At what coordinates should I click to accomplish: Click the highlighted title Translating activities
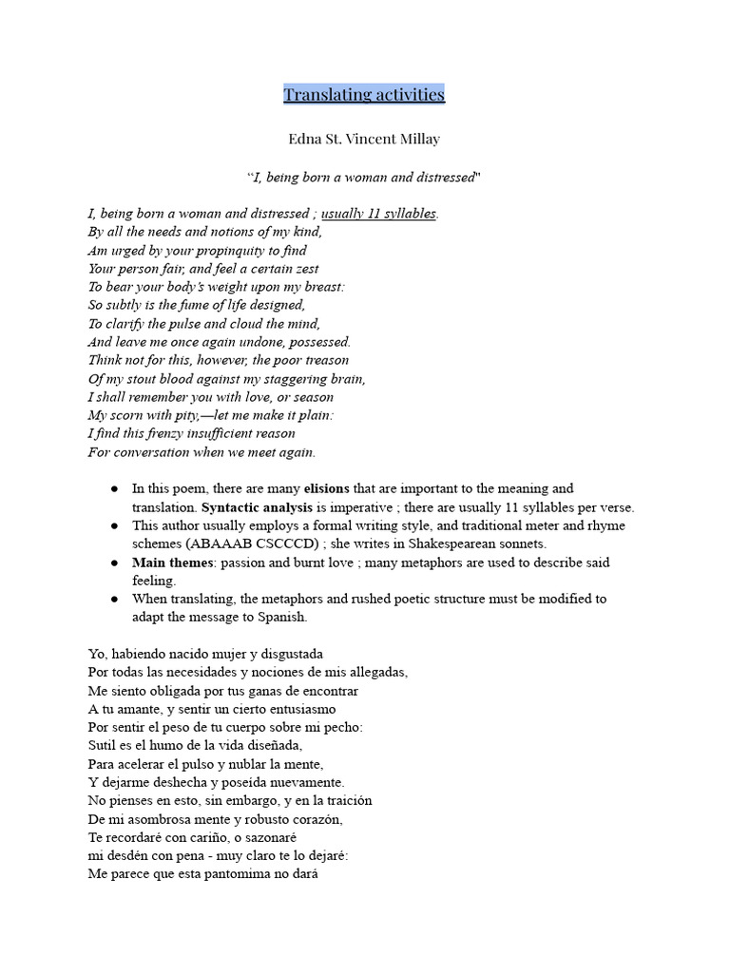pyautogui.click(x=364, y=94)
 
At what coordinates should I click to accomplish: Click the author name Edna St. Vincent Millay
pyautogui.click(x=364, y=139)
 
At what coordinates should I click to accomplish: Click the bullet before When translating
pyautogui.click(x=114, y=599)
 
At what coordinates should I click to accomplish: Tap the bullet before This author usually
pyautogui.click(x=114, y=525)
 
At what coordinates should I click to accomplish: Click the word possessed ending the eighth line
pyautogui.click(x=318, y=341)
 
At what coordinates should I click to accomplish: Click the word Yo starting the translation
pyautogui.click(x=97, y=654)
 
